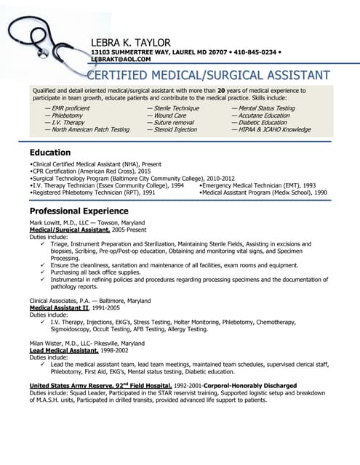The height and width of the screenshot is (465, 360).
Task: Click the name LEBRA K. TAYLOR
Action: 130,42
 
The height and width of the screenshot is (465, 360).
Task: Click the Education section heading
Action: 49,153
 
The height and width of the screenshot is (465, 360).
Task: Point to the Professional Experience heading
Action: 79,210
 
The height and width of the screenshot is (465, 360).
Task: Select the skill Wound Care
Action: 169,115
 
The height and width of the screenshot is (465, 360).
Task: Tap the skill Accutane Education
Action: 264,115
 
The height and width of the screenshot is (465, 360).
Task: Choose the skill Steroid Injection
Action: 175,129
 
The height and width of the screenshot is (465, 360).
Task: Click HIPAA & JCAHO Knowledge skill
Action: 274,129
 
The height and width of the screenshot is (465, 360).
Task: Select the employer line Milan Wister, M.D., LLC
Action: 86,343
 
